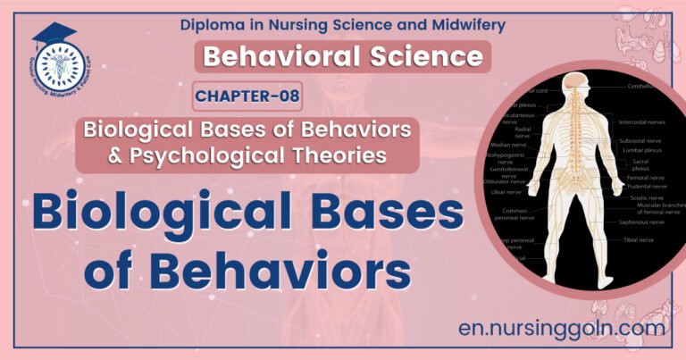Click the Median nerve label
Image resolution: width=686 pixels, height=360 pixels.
coord(507,144)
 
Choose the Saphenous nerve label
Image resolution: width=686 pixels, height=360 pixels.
coord(644,222)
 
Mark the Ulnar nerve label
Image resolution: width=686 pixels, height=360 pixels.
coord(505,192)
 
